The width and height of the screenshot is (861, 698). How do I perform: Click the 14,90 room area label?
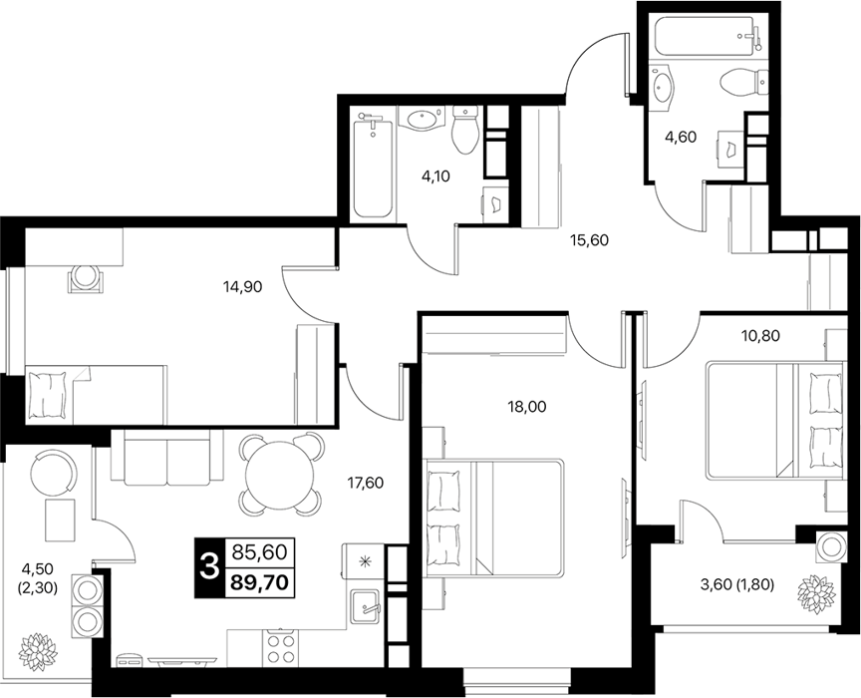tap(243, 286)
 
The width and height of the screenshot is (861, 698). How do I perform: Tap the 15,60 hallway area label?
tap(589, 239)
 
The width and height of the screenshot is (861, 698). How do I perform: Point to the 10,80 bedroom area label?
tap(759, 335)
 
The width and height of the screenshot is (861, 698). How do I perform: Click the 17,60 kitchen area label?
tap(365, 483)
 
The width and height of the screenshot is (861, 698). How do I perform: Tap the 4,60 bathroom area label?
tap(681, 137)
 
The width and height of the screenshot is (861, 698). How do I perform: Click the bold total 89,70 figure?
tap(260, 582)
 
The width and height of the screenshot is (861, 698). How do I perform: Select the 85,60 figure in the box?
tap(260, 551)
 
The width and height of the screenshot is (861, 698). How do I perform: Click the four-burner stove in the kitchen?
tap(281, 648)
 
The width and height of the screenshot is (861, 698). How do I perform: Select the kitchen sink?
tap(365, 607)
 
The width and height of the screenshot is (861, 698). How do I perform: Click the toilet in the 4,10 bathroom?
tap(465, 131)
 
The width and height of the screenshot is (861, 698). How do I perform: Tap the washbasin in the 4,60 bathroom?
tap(664, 85)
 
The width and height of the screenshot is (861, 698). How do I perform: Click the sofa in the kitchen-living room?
tap(167, 458)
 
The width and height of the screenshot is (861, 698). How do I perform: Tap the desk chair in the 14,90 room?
tap(85, 277)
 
